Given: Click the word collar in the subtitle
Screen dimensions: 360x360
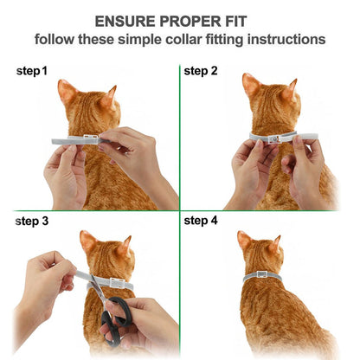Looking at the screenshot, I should [x=181, y=40].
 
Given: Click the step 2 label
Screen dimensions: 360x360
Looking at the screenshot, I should [x=201, y=70].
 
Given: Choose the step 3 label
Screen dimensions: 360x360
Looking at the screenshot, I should [x=33, y=221].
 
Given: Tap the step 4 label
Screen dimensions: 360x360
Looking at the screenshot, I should [x=201, y=221].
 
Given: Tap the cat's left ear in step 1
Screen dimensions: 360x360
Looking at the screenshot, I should [x=67, y=90].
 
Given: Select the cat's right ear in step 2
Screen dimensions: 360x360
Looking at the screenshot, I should [x=292, y=87].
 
